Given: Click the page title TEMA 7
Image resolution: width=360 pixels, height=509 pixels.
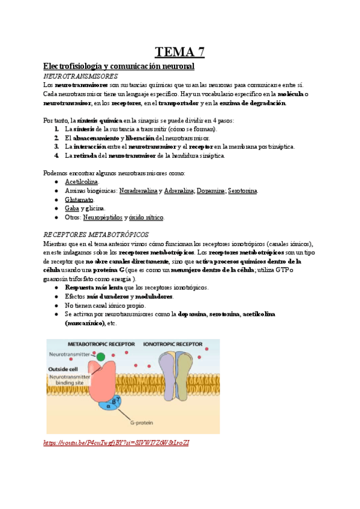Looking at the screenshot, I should [x=180, y=52].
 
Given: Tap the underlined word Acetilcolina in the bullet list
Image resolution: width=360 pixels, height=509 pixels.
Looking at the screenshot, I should [x=82, y=182].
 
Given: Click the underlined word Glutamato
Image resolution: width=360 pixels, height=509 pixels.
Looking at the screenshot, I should [x=79, y=199].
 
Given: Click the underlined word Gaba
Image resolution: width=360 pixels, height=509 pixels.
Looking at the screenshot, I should [x=72, y=208].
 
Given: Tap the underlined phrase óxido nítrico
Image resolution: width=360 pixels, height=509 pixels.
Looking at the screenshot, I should [x=146, y=217].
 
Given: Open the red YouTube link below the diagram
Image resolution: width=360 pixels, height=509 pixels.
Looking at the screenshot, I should [x=117, y=442].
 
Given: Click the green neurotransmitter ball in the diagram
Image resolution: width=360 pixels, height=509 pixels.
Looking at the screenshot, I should [x=100, y=357].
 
